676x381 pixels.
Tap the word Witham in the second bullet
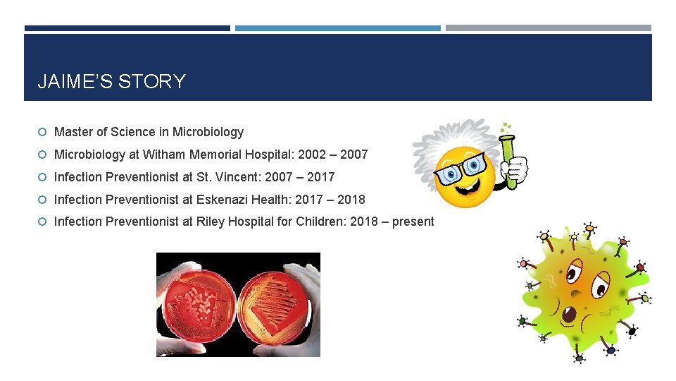pyautogui.click(x=163, y=155)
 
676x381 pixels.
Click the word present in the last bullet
pyautogui.click(x=413, y=222)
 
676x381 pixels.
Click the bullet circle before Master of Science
pyautogui.click(x=43, y=133)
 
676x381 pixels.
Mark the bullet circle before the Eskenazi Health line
pyautogui.click(x=43, y=200)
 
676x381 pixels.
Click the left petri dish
pyautogui.click(x=198, y=304)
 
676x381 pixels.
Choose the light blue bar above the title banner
pyautogui.click(x=337, y=28)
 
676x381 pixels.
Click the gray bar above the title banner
pyautogui.click(x=548, y=28)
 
